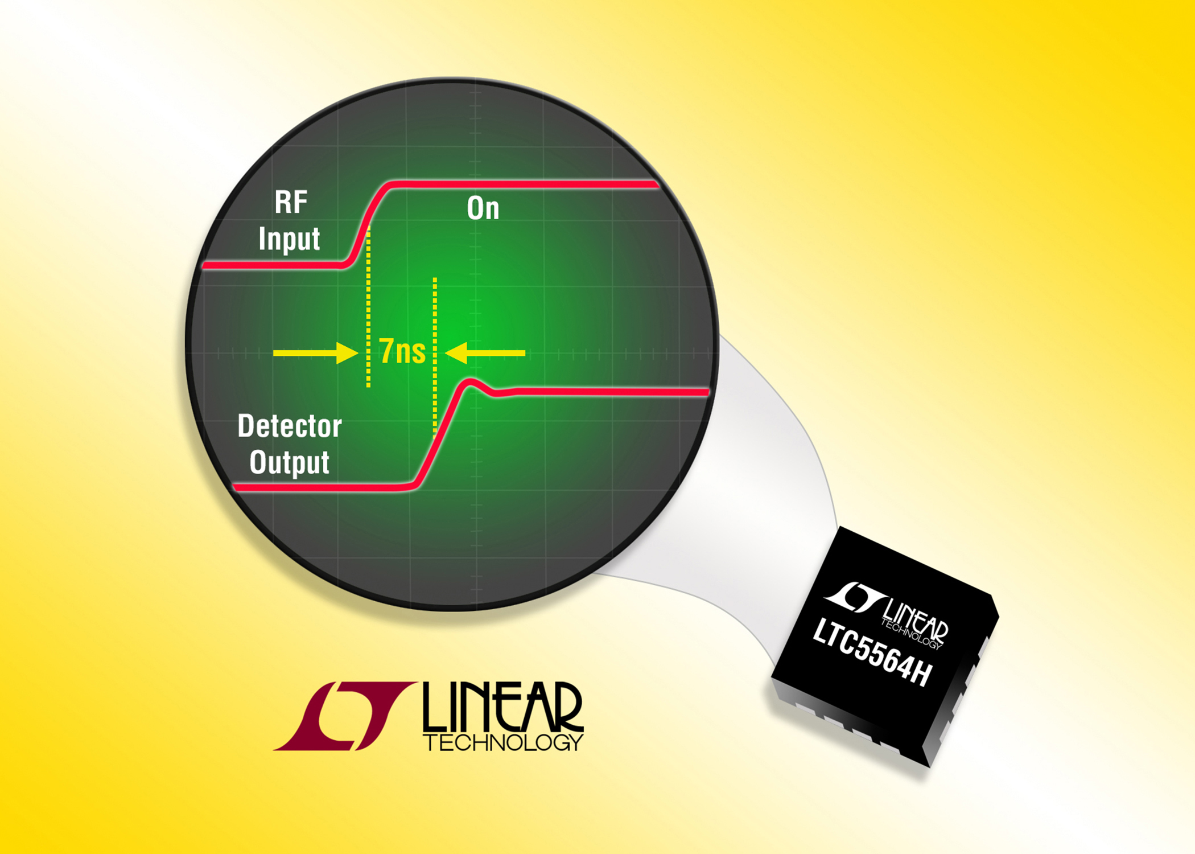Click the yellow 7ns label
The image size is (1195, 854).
click(402, 351)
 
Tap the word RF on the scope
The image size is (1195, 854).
click(291, 202)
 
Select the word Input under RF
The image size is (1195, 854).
click(289, 239)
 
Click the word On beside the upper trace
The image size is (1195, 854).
click(483, 208)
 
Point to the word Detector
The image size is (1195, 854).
click(290, 426)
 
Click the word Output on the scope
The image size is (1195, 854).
click(289, 463)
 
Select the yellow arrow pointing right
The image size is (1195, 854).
click(316, 353)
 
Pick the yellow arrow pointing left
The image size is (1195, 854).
click(485, 353)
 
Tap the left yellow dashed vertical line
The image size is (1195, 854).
click(369, 306)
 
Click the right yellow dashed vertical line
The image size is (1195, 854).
click(435, 356)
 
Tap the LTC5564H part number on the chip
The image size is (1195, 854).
click(872, 652)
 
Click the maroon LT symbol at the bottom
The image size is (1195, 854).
click(344, 716)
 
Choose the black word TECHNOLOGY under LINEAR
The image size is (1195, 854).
click(503, 742)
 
